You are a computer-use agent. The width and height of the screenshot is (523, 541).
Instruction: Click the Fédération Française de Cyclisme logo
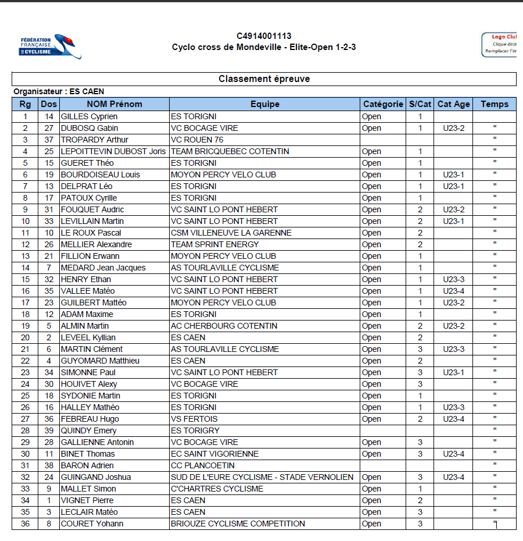click(50, 46)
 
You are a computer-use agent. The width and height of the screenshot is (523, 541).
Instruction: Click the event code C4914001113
click(264, 36)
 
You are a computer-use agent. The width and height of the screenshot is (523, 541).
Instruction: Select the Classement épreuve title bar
click(264, 79)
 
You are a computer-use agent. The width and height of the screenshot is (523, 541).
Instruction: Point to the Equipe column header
click(264, 104)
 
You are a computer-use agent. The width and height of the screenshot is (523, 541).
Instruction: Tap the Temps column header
click(494, 104)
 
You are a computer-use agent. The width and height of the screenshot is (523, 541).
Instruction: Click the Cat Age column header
click(453, 104)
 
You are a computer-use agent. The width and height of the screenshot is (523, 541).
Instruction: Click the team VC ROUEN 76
click(197, 140)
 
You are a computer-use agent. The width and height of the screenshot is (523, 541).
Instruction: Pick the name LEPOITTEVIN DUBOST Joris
click(113, 151)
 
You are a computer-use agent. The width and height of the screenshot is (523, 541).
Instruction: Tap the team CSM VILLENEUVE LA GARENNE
click(231, 233)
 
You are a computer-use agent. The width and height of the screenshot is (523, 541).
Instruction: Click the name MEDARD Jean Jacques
click(103, 268)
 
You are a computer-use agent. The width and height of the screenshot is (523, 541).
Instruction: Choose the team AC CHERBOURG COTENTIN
click(224, 326)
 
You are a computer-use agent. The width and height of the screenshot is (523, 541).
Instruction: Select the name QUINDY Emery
click(88, 430)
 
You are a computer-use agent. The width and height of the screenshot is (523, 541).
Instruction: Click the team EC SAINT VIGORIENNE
click(214, 454)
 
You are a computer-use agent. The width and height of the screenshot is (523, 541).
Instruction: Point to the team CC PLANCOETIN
click(203, 465)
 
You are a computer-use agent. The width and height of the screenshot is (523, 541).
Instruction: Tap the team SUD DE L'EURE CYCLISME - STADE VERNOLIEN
click(262, 477)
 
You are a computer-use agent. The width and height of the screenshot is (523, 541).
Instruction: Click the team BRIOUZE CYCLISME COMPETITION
click(238, 524)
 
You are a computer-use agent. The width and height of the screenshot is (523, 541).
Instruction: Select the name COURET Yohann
click(92, 524)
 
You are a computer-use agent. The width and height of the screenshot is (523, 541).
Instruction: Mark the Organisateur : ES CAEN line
click(59, 91)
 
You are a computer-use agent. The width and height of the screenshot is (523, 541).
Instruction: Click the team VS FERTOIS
click(194, 419)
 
